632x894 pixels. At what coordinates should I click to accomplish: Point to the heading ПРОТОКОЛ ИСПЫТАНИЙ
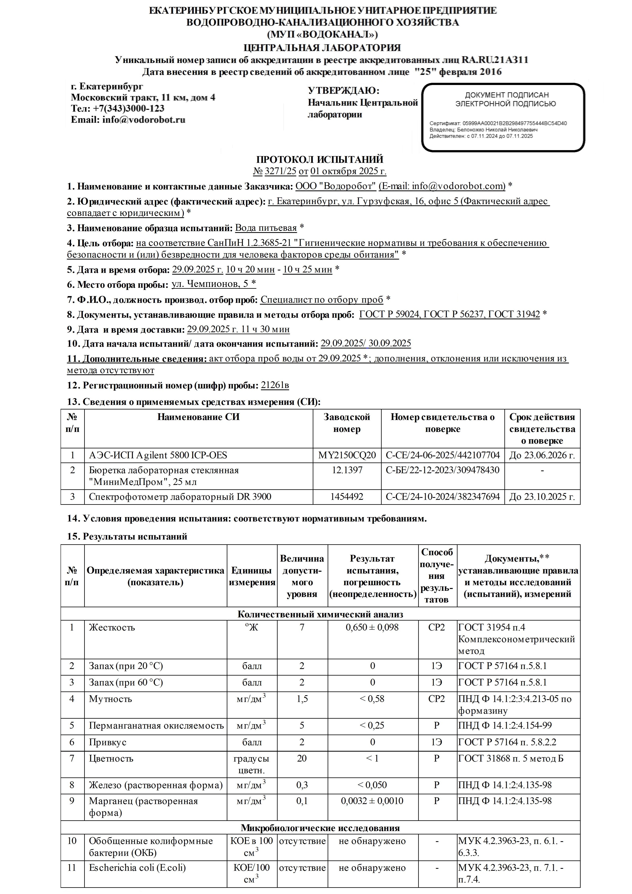coord(319,160)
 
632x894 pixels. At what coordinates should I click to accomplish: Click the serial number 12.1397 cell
coord(346,470)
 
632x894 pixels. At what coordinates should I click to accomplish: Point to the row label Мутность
coord(110,699)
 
